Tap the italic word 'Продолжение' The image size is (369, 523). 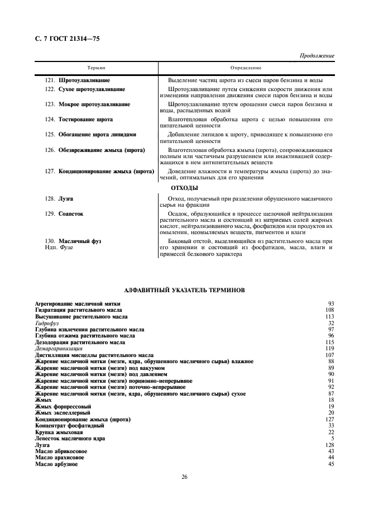point(317,56)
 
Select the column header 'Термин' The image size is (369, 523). point(95,68)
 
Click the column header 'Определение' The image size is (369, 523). point(246,68)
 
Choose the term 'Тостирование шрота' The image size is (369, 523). point(85,120)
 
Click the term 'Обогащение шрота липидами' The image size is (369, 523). point(97,135)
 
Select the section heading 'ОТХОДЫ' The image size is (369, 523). point(184,188)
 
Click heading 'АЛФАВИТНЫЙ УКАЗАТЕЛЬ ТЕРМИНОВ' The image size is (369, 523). point(184,289)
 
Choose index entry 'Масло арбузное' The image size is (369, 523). point(56,464)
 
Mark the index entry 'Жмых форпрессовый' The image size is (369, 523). point(63,406)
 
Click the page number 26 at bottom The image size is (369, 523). point(184,492)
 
